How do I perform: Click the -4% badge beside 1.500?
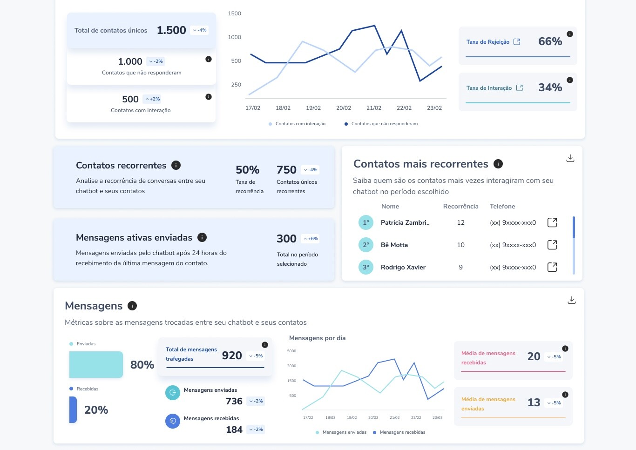click(199, 30)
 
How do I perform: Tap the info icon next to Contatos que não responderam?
click(209, 59)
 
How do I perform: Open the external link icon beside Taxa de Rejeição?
click(517, 42)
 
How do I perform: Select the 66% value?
click(550, 41)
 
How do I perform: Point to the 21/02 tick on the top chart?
click(374, 108)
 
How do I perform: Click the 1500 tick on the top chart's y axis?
click(234, 13)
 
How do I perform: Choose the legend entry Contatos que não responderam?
click(381, 124)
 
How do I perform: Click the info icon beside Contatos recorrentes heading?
click(176, 165)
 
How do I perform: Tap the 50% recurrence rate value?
click(247, 170)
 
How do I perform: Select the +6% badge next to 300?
click(311, 239)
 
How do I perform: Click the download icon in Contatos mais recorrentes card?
click(570, 158)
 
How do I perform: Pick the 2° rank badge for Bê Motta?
click(365, 245)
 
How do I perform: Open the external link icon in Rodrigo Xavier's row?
click(552, 267)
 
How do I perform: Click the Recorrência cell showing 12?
click(460, 222)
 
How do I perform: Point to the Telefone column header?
click(502, 206)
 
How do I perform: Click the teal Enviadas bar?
click(96, 364)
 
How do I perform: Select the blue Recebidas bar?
click(73, 410)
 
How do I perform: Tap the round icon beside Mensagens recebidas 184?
click(173, 421)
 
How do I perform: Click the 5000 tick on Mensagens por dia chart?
click(291, 351)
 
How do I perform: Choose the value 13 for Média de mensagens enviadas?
click(534, 403)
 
